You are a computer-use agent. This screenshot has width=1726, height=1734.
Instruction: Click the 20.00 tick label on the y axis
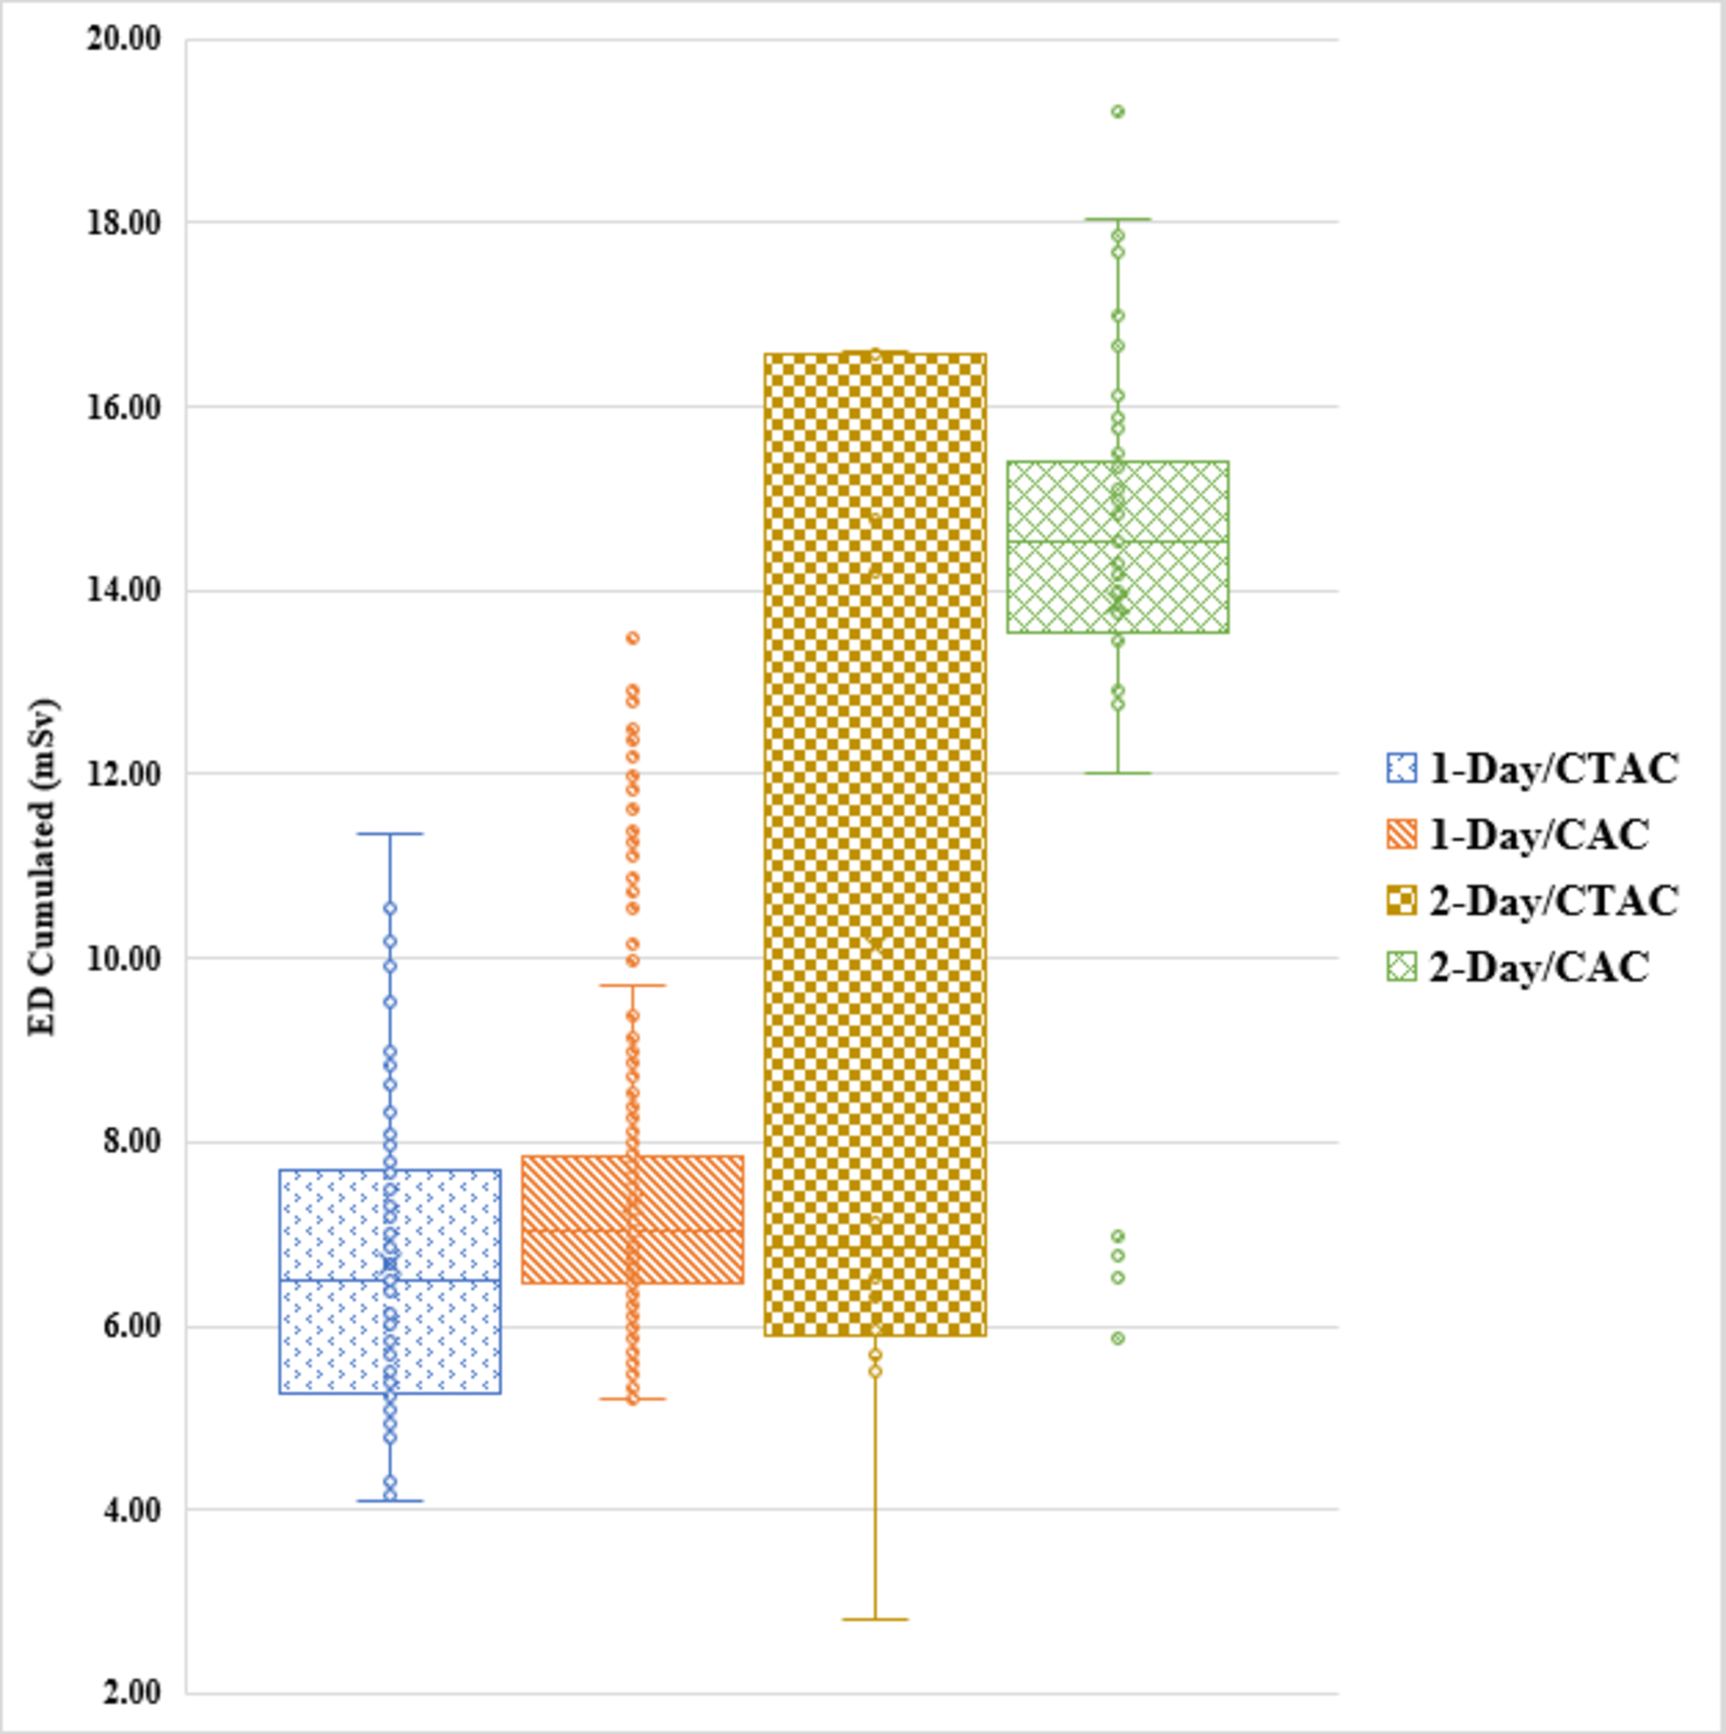point(123,39)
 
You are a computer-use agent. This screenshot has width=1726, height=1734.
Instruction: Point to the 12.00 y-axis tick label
point(123,773)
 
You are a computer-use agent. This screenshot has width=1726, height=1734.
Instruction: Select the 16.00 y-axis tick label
point(123,406)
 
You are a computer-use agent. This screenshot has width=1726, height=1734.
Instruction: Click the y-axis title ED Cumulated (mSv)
point(42,866)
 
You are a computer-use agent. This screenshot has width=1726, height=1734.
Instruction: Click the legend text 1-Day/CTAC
point(1553,769)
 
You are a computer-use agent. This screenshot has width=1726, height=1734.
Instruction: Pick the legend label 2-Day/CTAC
point(1553,900)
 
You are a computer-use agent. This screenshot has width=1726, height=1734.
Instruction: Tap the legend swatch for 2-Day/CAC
point(1401,966)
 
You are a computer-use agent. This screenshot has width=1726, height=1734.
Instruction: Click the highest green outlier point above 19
point(1118,111)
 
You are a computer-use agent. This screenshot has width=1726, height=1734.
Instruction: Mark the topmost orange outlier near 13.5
point(632,638)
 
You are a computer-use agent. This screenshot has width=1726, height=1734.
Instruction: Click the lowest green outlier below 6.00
point(1118,1338)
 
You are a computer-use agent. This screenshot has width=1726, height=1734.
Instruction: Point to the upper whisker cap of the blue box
point(390,834)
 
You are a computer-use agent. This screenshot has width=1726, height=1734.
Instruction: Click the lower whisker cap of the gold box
point(875,1620)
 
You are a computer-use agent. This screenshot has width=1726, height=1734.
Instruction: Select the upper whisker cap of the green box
point(1118,219)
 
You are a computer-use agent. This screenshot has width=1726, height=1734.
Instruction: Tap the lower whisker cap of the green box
point(1118,773)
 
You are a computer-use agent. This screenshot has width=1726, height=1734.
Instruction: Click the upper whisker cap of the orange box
point(632,985)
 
